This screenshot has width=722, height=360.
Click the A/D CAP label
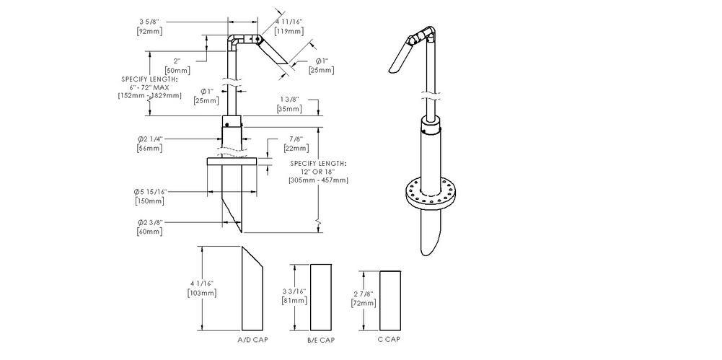(x=250, y=338)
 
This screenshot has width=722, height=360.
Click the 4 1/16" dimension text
(x=201, y=284)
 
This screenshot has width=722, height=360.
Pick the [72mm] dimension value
(x=363, y=304)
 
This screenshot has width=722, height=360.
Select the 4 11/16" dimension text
(x=289, y=22)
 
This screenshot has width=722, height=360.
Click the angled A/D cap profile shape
(x=252, y=289)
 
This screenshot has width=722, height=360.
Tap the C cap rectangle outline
(x=389, y=299)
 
